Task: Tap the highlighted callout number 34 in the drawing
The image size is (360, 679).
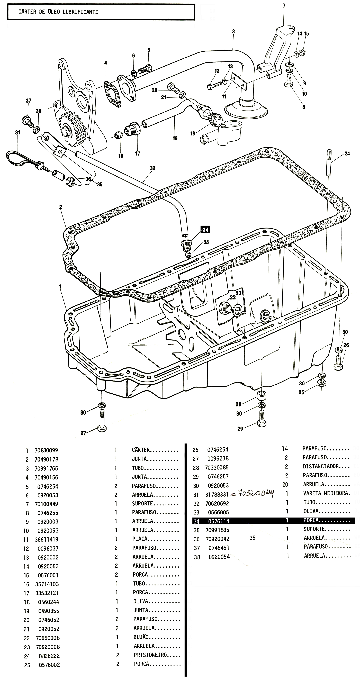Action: [x=205, y=230]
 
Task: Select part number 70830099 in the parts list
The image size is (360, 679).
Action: [x=46, y=450]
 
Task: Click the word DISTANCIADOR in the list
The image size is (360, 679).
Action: [x=321, y=466]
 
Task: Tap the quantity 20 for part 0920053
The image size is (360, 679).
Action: [x=285, y=484]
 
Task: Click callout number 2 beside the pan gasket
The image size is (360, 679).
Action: [x=61, y=207]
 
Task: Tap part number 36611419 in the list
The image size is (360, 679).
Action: [x=47, y=539]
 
